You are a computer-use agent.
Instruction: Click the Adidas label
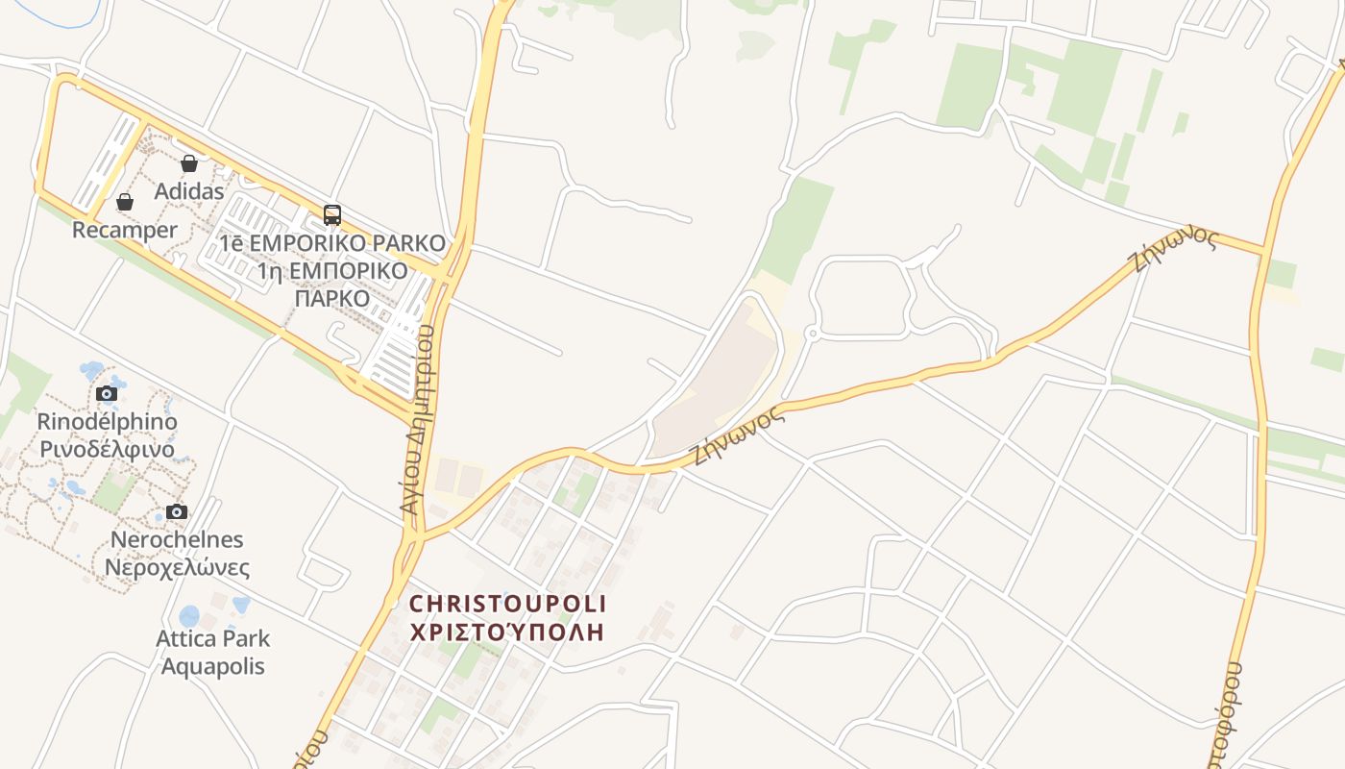coord(189,191)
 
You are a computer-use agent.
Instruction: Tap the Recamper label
coord(125,230)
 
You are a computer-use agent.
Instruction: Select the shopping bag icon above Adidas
coord(189,163)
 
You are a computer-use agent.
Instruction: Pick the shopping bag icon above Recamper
coord(125,202)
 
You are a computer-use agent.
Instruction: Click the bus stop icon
coord(332,215)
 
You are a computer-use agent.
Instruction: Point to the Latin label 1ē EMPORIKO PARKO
coord(332,243)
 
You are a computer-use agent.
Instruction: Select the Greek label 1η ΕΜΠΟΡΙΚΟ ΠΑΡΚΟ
coord(332,285)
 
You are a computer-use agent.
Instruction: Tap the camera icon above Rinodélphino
coord(107,393)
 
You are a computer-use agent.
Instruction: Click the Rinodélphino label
coord(107,421)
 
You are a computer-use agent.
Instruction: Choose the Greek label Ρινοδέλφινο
coord(107,449)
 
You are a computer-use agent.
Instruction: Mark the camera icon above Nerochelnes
coord(177,511)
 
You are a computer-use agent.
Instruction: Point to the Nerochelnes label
coord(177,539)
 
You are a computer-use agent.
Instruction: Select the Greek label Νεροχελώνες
coord(177,567)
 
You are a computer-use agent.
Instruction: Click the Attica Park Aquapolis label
coord(212,652)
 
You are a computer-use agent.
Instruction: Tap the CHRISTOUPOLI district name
coord(508,604)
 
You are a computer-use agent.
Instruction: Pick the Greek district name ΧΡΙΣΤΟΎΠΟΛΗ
coord(508,632)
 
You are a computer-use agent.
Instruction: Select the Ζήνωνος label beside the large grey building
coord(737,435)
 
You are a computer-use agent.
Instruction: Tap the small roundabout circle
coord(811,334)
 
